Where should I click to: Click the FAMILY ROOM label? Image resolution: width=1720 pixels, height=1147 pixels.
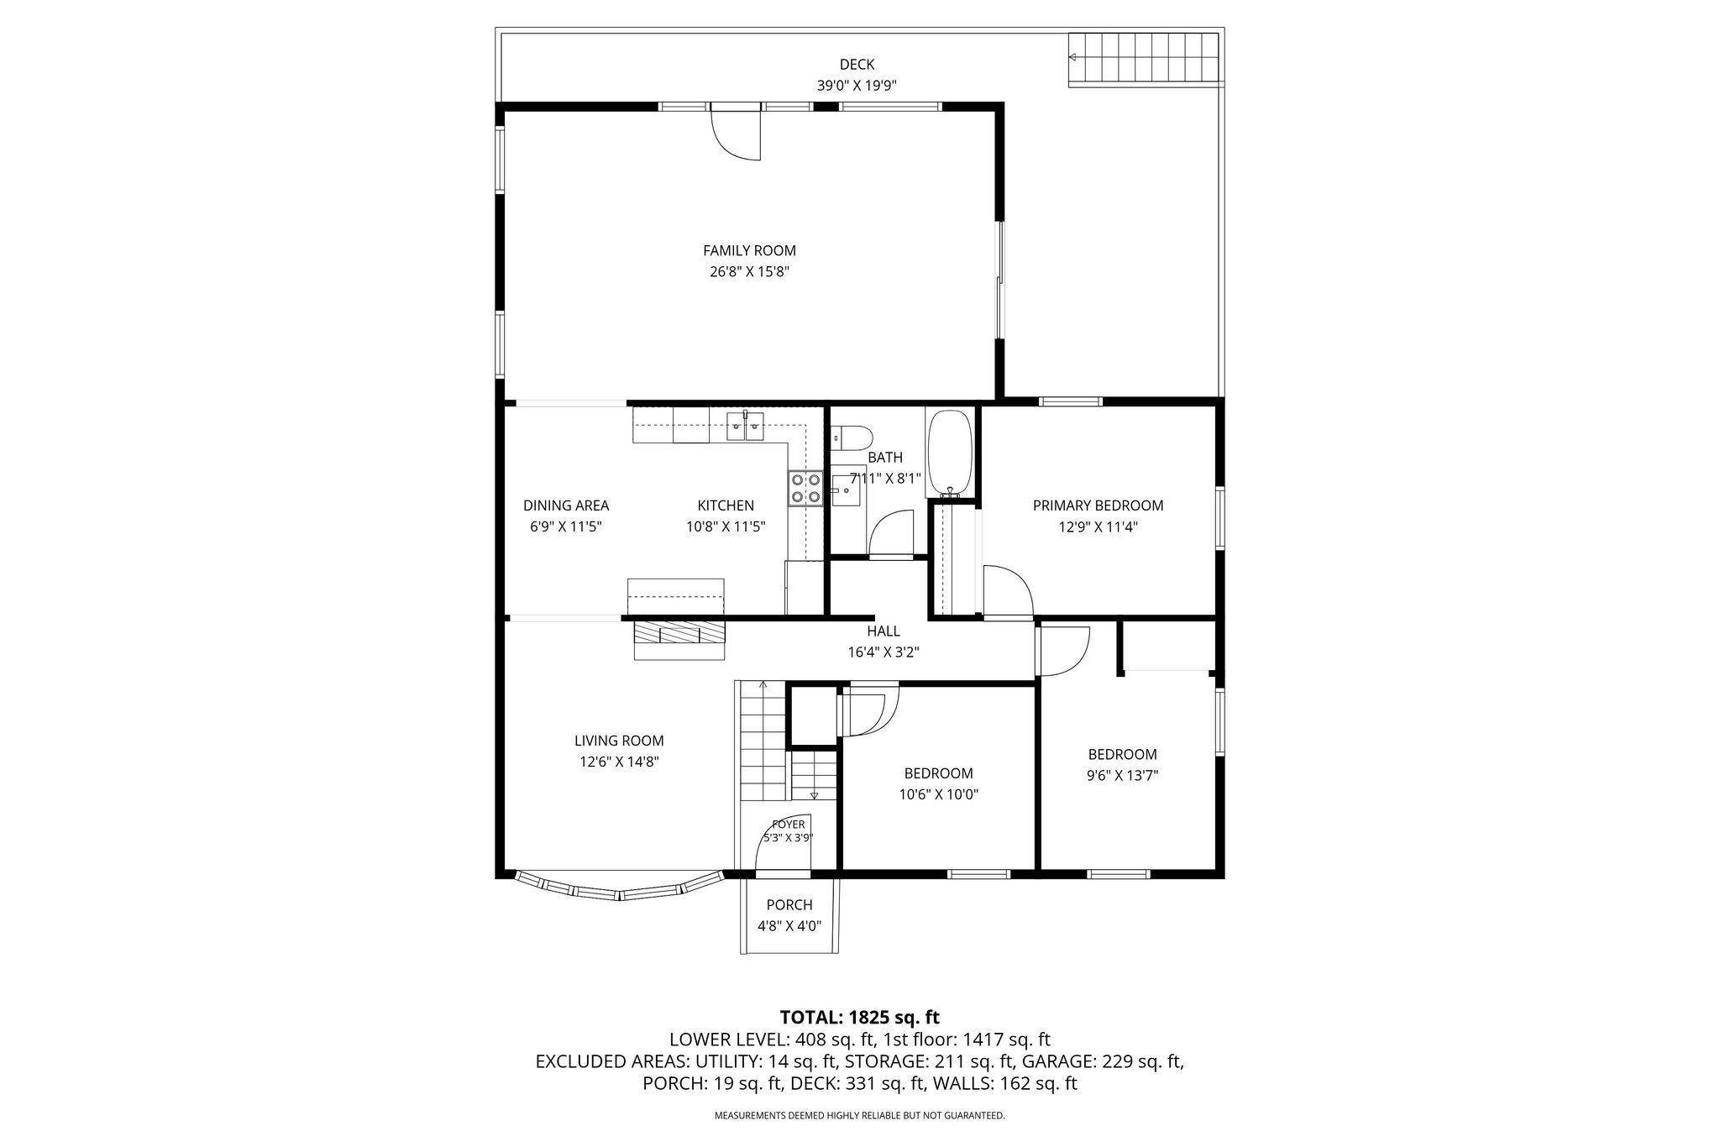coord(749,250)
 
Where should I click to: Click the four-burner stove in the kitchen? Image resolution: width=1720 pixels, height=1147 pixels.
coord(805,488)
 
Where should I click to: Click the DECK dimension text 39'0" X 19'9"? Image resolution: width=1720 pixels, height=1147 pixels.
coord(857,85)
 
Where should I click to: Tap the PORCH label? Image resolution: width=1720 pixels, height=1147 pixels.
coord(789,904)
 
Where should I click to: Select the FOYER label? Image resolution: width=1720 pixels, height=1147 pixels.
coord(789,825)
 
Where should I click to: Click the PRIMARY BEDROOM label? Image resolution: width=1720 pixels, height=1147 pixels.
coord(1098,505)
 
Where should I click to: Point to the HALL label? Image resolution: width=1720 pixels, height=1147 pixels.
coord(884,631)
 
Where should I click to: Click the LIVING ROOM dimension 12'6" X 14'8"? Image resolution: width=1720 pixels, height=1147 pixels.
coord(619,762)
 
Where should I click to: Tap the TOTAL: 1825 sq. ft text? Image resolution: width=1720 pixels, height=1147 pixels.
coord(860,1018)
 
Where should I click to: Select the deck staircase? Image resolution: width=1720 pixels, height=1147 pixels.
coord(1144,59)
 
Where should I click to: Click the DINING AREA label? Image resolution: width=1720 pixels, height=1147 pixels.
coord(566,505)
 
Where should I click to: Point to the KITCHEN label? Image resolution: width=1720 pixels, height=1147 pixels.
coord(726,505)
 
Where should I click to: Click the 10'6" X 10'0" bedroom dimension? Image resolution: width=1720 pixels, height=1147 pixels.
coord(939,794)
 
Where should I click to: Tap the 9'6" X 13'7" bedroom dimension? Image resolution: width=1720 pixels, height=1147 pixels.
coord(1123,775)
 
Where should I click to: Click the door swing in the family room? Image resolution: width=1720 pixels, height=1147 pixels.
coord(737,134)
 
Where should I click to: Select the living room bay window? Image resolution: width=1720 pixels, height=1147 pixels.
coord(619,887)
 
